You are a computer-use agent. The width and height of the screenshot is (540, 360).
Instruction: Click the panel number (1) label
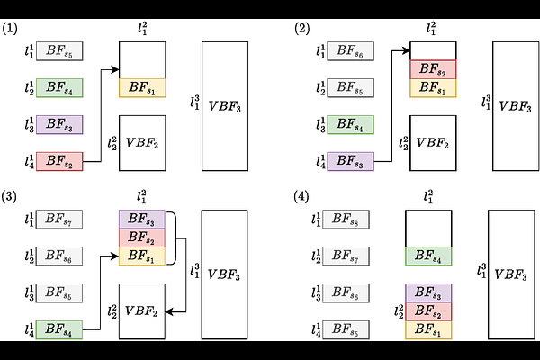click(x=10, y=28)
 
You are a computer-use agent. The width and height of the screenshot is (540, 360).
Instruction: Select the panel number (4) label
click(x=301, y=197)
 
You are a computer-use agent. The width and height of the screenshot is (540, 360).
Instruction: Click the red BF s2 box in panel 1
click(x=59, y=161)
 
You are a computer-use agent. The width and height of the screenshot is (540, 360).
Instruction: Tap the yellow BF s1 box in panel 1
click(x=142, y=88)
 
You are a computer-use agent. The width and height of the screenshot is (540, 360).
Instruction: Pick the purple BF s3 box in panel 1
click(x=59, y=124)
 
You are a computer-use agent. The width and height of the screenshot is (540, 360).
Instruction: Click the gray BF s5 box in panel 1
click(x=59, y=51)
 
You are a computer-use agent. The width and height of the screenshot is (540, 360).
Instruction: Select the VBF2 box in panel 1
click(x=142, y=143)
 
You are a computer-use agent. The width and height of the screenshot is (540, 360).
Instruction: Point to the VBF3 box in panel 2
click(x=516, y=106)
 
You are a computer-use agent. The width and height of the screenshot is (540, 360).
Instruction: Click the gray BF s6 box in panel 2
click(x=350, y=51)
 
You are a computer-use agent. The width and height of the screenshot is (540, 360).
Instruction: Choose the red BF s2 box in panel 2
click(x=433, y=69)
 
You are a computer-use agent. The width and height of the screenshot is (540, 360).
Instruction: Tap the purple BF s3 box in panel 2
click(x=350, y=161)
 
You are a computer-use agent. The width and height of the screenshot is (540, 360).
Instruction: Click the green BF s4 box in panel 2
click(x=350, y=124)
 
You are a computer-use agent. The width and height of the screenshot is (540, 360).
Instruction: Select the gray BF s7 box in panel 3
click(x=59, y=220)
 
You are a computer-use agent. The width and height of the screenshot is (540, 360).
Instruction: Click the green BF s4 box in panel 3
click(x=59, y=329)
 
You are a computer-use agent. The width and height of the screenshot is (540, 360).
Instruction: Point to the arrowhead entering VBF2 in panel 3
click(x=169, y=312)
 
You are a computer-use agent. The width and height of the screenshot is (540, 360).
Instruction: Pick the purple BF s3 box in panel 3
click(x=142, y=219)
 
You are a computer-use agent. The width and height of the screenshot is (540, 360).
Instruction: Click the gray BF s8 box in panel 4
click(x=346, y=220)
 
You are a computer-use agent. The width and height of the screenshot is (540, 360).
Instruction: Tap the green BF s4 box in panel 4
click(x=428, y=256)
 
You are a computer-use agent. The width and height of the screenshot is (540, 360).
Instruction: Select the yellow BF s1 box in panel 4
click(x=428, y=329)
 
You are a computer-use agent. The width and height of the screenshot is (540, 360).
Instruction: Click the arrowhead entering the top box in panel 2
click(x=406, y=51)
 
